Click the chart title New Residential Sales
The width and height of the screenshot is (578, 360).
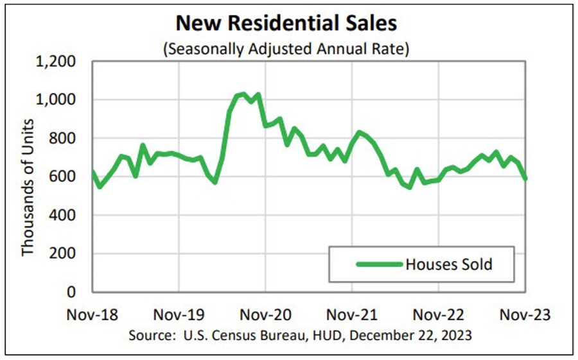[x=286, y=23]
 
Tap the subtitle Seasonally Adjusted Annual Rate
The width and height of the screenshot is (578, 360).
[x=286, y=49]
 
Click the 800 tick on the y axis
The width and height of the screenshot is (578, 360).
[x=64, y=139]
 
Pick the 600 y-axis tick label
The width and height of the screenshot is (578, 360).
[x=64, y=177]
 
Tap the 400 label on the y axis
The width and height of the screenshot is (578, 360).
[x=64, y=216]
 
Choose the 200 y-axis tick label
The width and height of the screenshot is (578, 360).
[x=64, y=254]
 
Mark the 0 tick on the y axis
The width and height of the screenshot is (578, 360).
[x=73, y=293]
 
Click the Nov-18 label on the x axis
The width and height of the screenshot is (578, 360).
[x=92, y=315]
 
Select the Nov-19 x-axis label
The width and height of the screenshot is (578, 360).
[x=179, y=315]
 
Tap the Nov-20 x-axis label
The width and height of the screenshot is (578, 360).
[x=265, y=315]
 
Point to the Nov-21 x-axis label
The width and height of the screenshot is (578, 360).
[x=352, y=315]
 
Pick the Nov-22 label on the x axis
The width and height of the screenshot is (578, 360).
[x=439, y=315]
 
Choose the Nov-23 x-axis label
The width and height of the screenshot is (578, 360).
[x=525, y=315]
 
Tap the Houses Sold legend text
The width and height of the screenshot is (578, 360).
[x=449, y=264]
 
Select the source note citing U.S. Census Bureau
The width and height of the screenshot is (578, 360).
[x=300, y=335]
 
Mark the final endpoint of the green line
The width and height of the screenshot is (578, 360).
[x=525, y=178]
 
